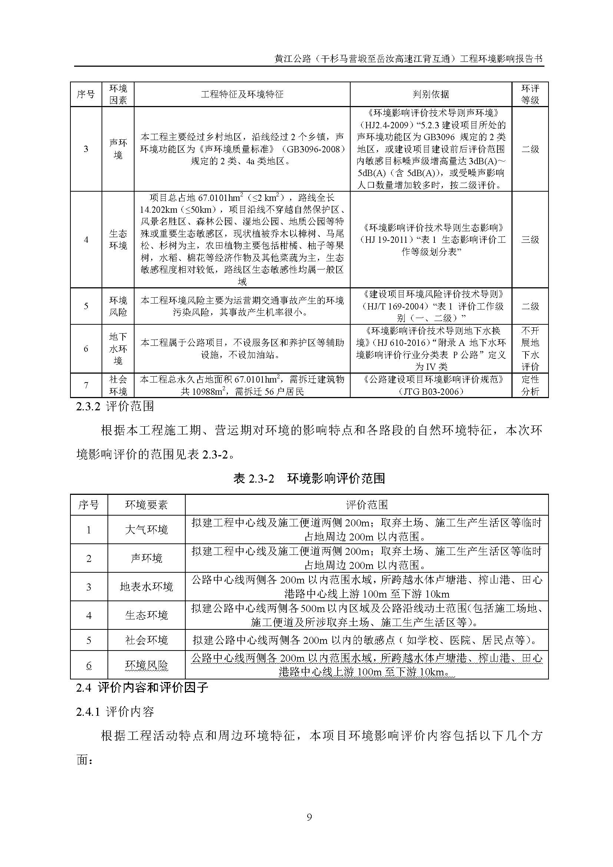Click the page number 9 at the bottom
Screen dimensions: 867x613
coord(309,817)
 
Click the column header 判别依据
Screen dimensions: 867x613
coord(431,94)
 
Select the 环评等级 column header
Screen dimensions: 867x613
coord(530,94)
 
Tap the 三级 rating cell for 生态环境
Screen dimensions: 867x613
coord(530,239)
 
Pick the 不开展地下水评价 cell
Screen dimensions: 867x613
coord(530,348)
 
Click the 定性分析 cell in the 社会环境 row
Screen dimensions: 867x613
coord(530,385)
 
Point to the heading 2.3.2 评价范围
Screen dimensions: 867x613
coord(115,406)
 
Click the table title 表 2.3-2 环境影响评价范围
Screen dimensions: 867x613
coord(309,479)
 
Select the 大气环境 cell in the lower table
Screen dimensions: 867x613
coord(146,530)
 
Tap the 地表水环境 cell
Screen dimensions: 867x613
coord(146,587)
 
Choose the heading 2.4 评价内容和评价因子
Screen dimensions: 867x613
coord(142,687)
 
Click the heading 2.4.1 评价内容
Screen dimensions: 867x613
coord(115,712)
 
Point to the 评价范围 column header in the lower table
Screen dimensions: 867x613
coord(367,505)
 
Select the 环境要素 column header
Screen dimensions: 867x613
coord(146,505)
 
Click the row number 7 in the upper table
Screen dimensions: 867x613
coord(86,385)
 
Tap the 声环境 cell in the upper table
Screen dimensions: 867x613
coord(118,149)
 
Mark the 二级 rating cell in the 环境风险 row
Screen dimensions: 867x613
coord(530,306)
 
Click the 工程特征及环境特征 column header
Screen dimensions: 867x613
coord(242,94)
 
